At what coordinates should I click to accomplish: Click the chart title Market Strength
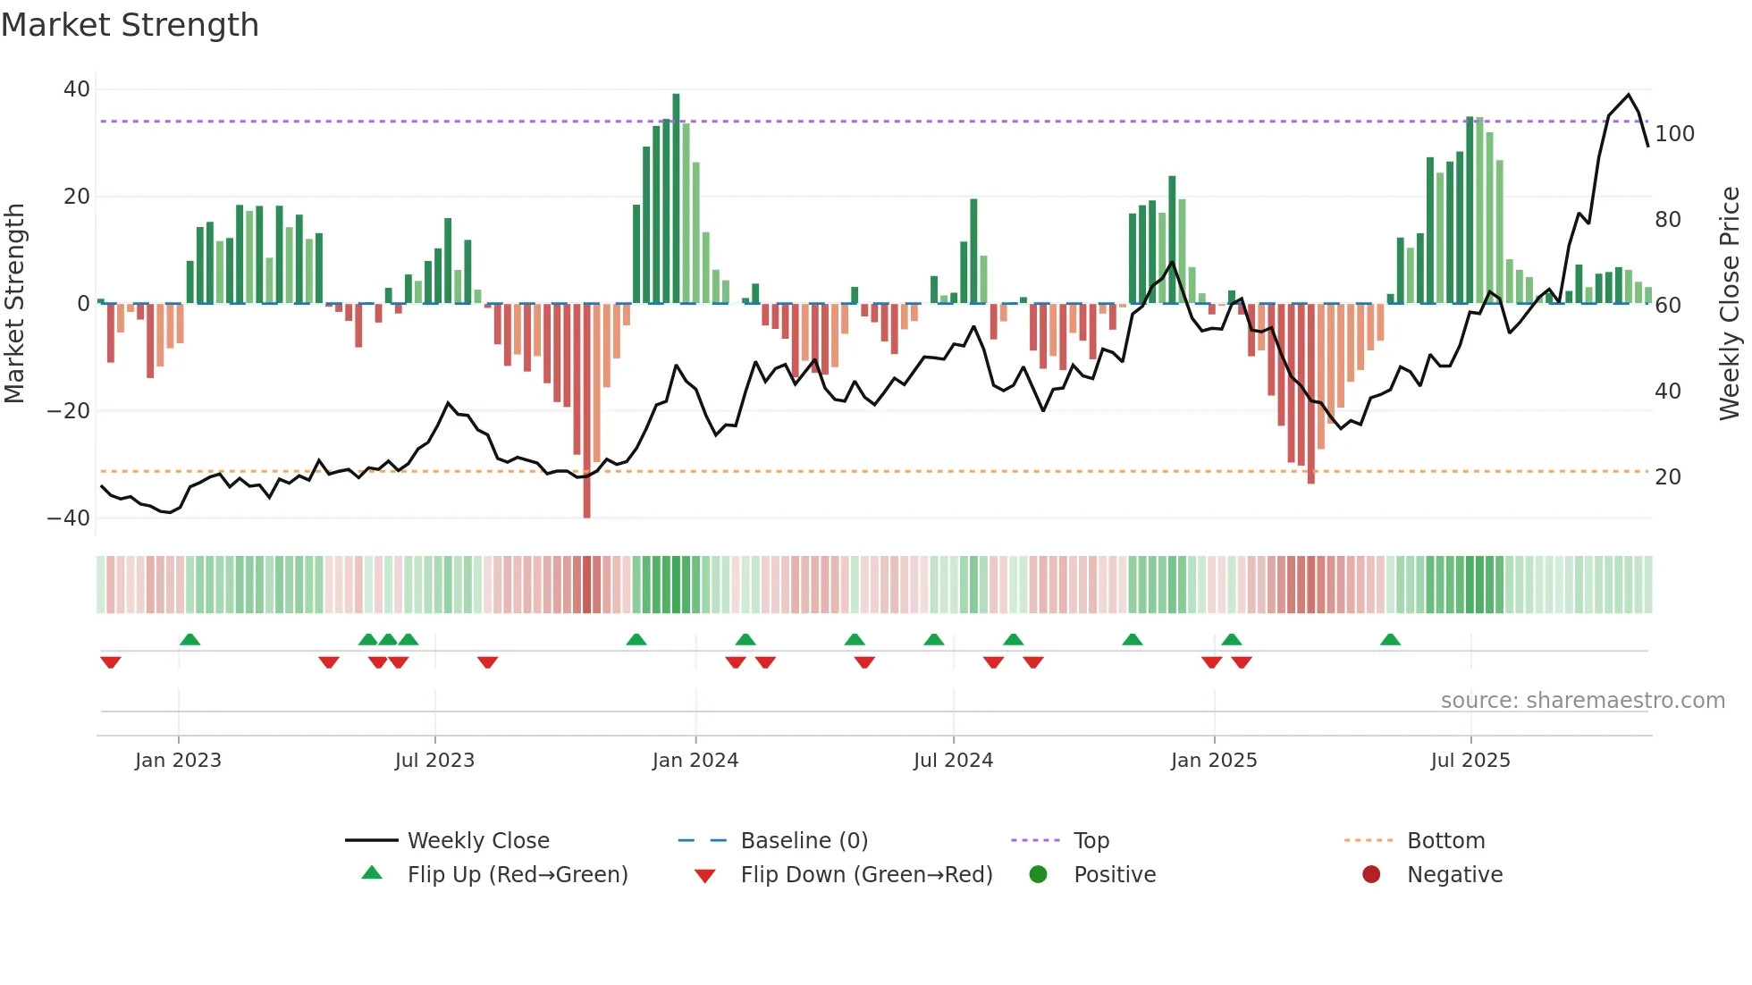[x=130, y=25]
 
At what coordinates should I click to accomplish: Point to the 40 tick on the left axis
[x=77, y=89]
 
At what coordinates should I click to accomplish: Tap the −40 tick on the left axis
[x=69, y=518]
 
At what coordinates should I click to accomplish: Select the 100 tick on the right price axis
[x=1674, y=134]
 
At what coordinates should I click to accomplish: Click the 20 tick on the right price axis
[x=1667, y=477]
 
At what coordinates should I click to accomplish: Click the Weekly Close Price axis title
[x=1729, y=304]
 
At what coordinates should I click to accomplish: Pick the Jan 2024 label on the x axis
[x=695, y=761]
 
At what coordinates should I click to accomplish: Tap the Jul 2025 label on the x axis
[x=1470, y=761]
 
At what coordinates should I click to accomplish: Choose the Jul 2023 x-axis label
[x=434, y=761]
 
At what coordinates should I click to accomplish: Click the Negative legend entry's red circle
[x=1371, y=875]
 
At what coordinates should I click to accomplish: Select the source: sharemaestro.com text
[x=1582, y=701]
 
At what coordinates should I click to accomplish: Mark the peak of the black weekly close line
[x=1628, y=95]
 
